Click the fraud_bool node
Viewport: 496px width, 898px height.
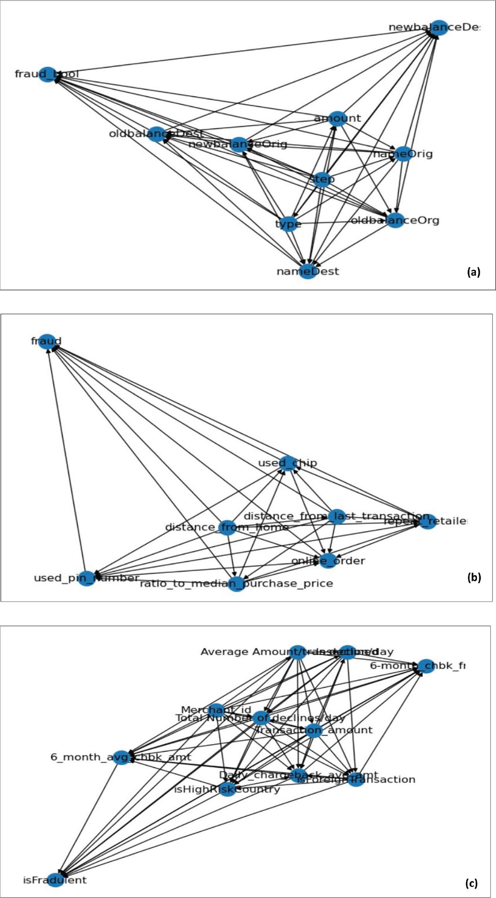[47, 74]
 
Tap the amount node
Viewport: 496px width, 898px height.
[337, 118]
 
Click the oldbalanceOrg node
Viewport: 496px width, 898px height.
[395, 220]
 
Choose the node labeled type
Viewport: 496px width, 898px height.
[288, 224]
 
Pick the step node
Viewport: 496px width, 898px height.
[322, 179]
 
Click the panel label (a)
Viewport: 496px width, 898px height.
[474, 272]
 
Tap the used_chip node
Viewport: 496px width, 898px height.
[287, 463]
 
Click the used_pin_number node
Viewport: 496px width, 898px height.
[87, 578]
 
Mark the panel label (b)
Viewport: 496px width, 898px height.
[474, 577]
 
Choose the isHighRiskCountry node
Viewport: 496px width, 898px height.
[227, 789]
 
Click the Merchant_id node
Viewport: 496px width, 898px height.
[216, 710]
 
